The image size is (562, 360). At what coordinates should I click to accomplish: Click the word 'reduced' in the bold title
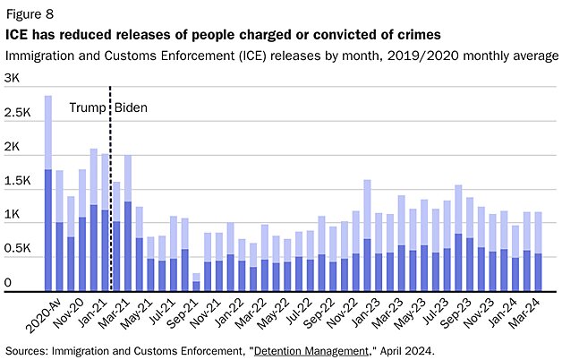(x=88, y=34)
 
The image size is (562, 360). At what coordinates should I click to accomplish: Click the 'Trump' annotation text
(x=88, y=108)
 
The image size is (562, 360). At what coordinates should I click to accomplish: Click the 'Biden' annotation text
(x=131, y=108)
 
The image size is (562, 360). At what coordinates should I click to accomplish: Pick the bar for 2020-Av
(x=47, y=193)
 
